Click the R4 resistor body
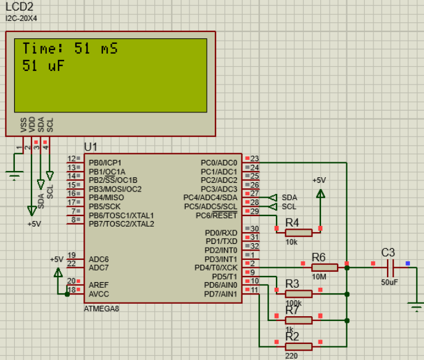tap(299, 233)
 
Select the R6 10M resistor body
tap(325, 267)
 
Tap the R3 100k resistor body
tap(299, 294)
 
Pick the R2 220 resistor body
tap(299, 346)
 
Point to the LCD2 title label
tap(19, 7)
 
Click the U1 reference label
tap(91, 147)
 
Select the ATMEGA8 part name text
tap(101, 309)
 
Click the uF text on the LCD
tap(56, 65)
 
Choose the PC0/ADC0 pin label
tap(218, 163)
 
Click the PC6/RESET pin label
tap(217, 216)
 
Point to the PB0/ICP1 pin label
tap(105, 163)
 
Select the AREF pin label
tap(98, 285)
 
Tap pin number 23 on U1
tap(254, 159)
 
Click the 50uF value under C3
tap(389, 282)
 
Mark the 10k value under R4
tap(291, 242)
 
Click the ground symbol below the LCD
tap(14, 175)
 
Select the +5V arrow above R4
tap(320, 194)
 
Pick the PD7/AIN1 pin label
tap(220, 294)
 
